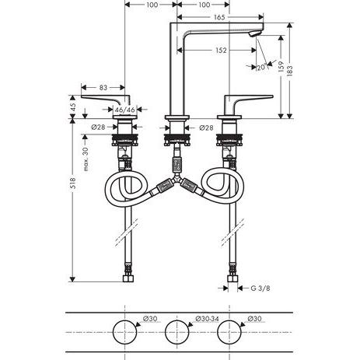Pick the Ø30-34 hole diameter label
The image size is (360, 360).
(207, 318)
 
